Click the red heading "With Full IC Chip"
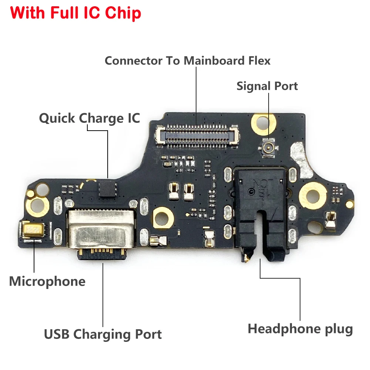(75, 13)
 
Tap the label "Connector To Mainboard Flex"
(188, 60)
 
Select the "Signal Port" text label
(267, 86)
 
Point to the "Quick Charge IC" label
(90, 118)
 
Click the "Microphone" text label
(47, 281)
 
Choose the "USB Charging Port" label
(103, 334)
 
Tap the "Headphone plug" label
(300, 329)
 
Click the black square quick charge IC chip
(107, 189)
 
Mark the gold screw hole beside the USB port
(162, 216)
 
